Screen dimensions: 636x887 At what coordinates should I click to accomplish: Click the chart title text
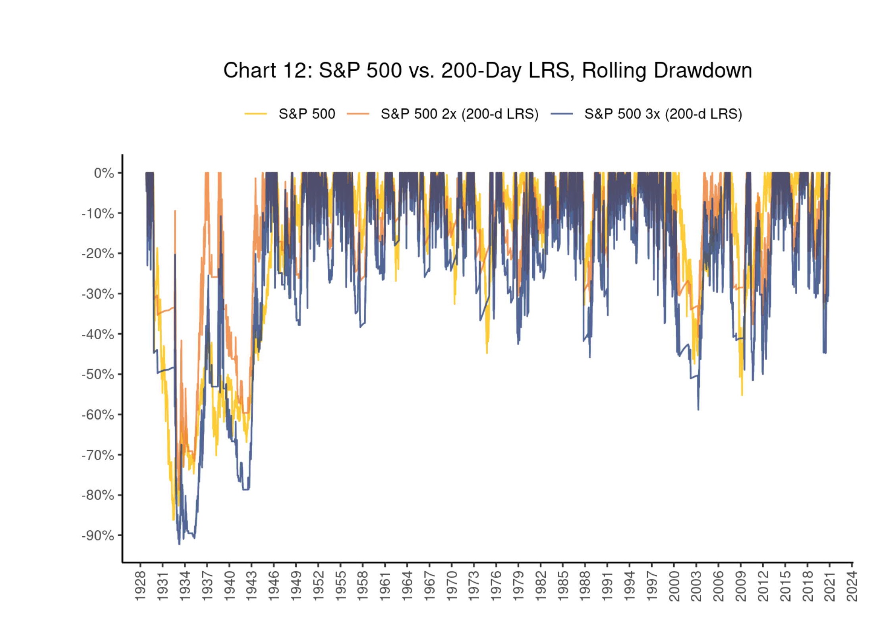coord(487,71)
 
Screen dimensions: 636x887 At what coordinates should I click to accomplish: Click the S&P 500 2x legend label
coord(459,114)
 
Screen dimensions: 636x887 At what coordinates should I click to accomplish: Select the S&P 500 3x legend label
coord(663,114)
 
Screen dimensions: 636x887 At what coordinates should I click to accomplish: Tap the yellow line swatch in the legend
coord(255,114)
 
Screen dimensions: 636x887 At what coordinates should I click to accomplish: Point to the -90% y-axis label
coord(98,535)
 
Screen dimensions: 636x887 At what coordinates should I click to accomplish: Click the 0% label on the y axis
coord(104,173)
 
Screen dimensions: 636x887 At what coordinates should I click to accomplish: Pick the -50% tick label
coord(98,374)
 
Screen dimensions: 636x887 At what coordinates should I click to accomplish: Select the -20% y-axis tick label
coord(98,253)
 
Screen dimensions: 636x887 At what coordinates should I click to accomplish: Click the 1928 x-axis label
coord(141,586)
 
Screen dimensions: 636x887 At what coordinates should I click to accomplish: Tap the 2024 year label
coord(852,586)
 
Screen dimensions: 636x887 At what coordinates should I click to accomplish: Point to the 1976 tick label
coord(496,586)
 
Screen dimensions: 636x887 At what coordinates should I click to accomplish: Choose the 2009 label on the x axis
coord(741,586)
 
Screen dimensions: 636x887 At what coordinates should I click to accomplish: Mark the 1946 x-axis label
coord(274,586)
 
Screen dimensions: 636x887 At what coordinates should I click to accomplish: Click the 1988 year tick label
coord(585,586)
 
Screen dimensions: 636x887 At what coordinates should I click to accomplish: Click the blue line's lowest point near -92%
coord(179,544)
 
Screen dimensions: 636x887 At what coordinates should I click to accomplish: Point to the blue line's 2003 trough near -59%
coord(698,410)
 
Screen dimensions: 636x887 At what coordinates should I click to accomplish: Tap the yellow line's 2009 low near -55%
coord(742,395)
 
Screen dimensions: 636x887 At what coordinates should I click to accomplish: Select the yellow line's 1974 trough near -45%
coord(487,353)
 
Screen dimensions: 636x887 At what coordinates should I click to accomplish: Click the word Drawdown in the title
coord(703,71)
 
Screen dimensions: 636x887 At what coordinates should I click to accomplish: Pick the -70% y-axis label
coord(98,455)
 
